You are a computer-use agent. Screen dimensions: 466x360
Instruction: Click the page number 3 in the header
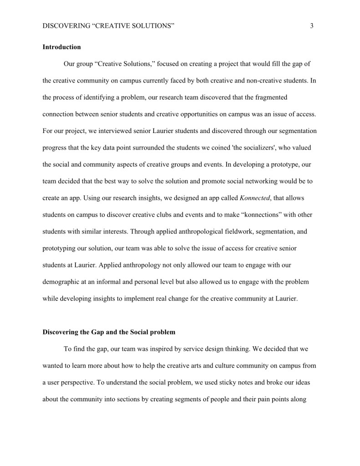(312, 26)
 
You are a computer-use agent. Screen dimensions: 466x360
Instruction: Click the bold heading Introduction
(61, 47)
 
